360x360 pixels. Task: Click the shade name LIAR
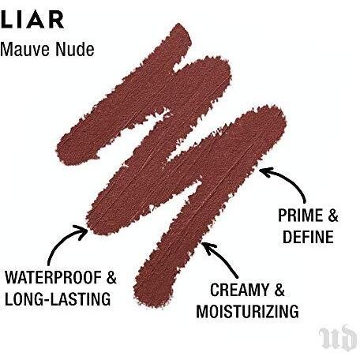pos(32,19)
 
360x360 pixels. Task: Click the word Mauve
pos(25,49)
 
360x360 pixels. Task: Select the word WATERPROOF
pos(54,277)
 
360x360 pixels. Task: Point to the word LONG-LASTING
pos(58,299)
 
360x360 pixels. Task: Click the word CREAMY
pos(239,290)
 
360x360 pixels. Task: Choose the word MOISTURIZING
pos(248,311)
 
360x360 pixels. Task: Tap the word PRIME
pos(300,216)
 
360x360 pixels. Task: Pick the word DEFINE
pos(308,237)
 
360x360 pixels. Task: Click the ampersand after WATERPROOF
pos(111,277)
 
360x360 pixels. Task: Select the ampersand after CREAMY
pos(279,290)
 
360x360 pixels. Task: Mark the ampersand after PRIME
pos(333,216)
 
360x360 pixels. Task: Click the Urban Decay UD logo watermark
pos(338,339)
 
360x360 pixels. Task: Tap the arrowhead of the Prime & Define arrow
pos(264,172)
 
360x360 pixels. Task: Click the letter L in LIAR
pos(6,19)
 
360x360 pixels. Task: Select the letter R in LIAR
pos(56,19)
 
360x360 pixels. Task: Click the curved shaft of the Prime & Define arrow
pos(292,179)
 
